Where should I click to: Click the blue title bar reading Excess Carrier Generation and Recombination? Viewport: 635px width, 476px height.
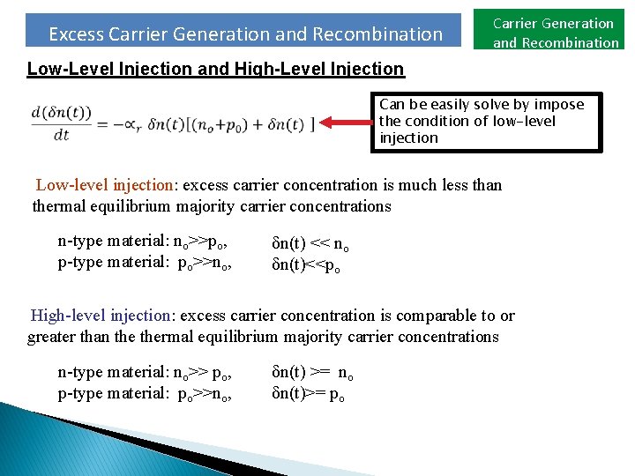click(245, 33)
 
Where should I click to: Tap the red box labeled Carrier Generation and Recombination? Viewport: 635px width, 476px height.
click(555, 33)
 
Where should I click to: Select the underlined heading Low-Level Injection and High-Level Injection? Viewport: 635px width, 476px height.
click(215, 69)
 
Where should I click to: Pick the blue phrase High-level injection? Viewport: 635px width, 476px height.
click(102, 316)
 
